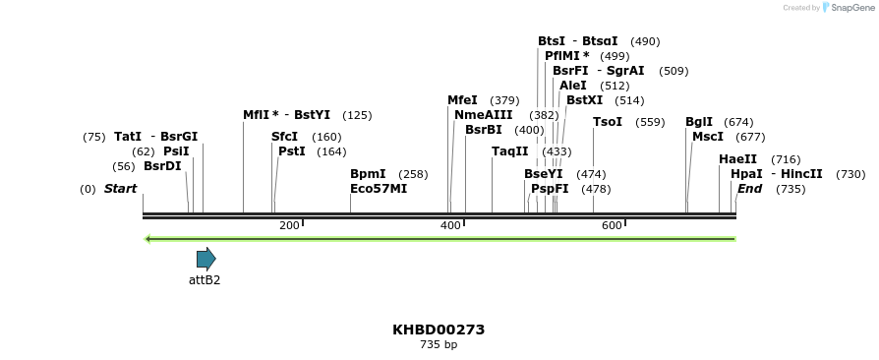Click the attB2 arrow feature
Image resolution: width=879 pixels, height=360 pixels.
coord(205,259)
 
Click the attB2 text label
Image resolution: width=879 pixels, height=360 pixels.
coord(205,280)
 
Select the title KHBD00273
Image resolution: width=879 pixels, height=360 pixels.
coord(439,330)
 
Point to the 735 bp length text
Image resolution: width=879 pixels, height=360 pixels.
coord(439,345)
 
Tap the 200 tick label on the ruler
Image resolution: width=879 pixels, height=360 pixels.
coord(289,226)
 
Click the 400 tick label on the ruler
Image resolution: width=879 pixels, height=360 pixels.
coord(450,226)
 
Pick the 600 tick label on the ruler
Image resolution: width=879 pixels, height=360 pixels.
coord(612,226)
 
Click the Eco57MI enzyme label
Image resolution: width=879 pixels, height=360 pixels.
coord(379,189)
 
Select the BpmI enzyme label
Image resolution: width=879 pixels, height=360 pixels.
coord(368,174)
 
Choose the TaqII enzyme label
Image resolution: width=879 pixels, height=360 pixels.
coord(510,151)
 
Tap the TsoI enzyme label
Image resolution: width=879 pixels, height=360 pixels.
coord(608,122)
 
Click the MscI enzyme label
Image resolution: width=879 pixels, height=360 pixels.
coord(708,137)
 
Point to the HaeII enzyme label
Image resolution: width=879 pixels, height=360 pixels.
coord(738,159)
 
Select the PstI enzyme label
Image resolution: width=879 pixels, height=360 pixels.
coord(292,151)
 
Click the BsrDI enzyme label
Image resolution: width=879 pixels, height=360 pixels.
coord(162,166)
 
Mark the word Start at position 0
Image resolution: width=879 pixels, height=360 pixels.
coord(120,189)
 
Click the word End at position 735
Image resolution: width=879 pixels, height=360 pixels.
coord(750,189)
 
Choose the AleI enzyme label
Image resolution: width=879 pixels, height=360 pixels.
coord(573,86)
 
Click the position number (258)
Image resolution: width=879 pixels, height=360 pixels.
coord(413,174)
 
